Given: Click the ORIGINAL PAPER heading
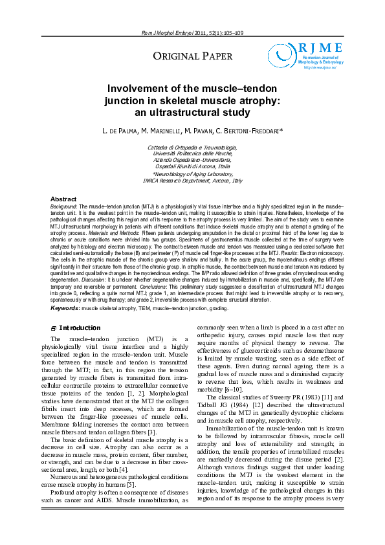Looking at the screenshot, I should point(192,57).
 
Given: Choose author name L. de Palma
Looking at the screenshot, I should point(123,132).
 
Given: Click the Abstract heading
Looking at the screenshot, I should point(63,199).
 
